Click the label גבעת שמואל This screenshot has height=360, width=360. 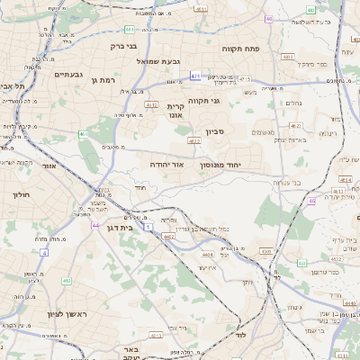click(158, 61)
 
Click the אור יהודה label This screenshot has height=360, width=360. click(166, 166)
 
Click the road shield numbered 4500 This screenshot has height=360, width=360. click(265, 250)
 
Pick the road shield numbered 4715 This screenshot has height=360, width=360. click(245, 79)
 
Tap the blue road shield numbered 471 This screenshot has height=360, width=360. click(195, 76)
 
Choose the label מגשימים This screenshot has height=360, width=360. click(263, 132)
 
